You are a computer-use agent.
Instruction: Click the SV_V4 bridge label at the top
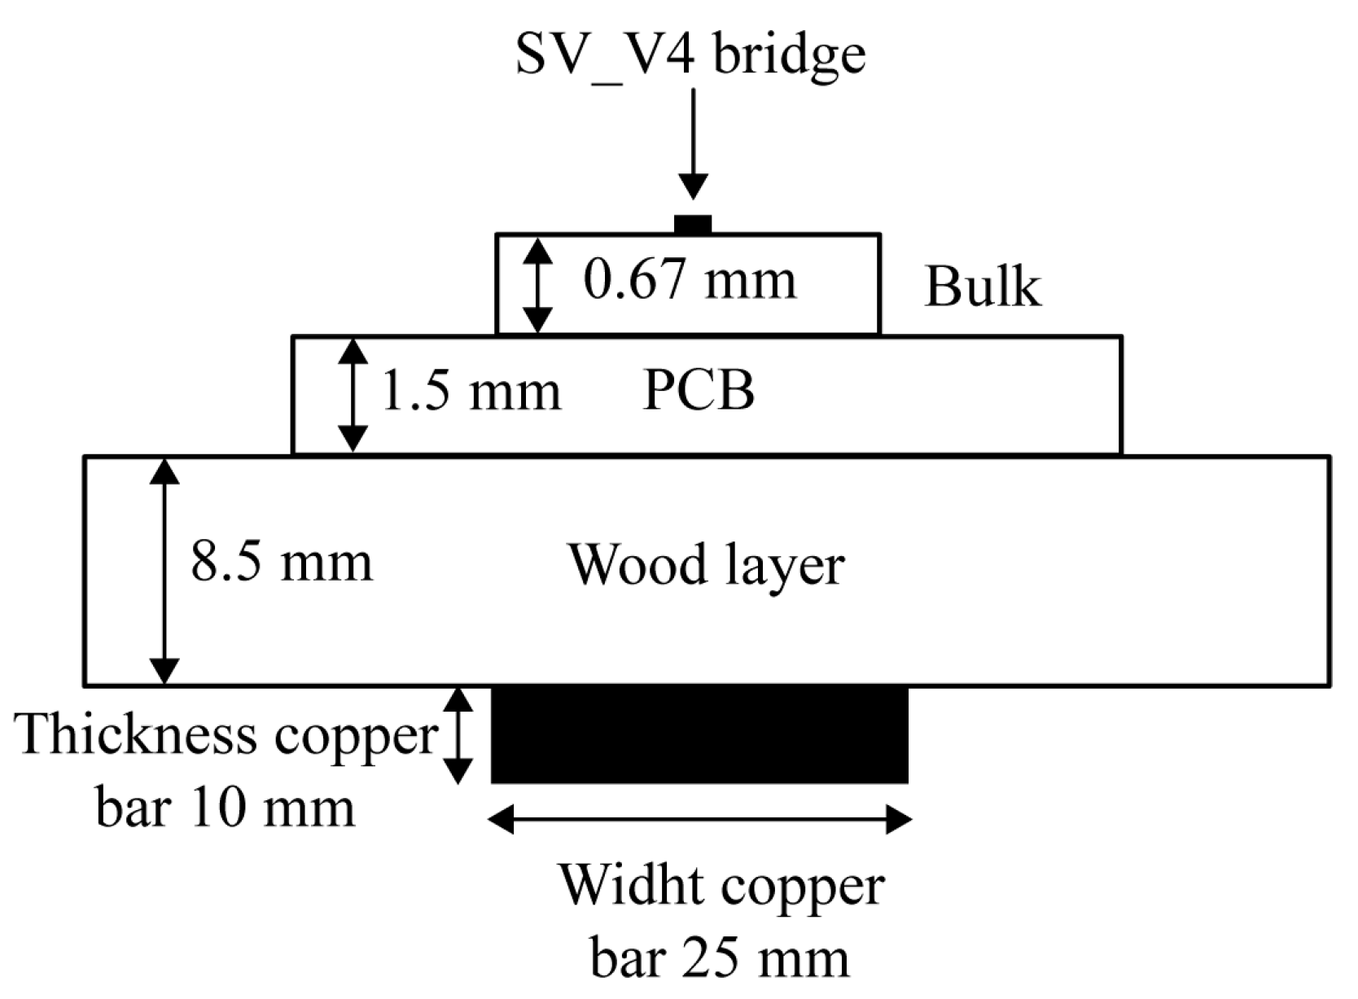pos(690,55)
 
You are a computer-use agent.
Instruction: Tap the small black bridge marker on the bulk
pos(693,225)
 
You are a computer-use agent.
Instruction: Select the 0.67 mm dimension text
pos(690,281)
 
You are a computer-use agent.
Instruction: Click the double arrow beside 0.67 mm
pos(537,285)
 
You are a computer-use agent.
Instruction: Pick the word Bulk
pos(983,287)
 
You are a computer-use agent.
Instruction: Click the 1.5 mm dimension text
pos(471,392)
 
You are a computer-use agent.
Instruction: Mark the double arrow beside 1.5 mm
pos(353,394)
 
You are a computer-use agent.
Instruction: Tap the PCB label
pos(699,392)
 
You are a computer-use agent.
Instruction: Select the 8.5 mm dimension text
pos(282,563)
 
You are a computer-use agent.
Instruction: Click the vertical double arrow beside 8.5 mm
pos(164,570)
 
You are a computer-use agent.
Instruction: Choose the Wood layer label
pos(706,565)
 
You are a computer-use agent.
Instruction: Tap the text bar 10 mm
pos(226,809)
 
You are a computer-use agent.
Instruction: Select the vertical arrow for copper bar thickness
pos(458,734)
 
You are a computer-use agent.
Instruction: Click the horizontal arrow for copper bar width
pos(699,819)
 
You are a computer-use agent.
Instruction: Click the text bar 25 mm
pos(720,958)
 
